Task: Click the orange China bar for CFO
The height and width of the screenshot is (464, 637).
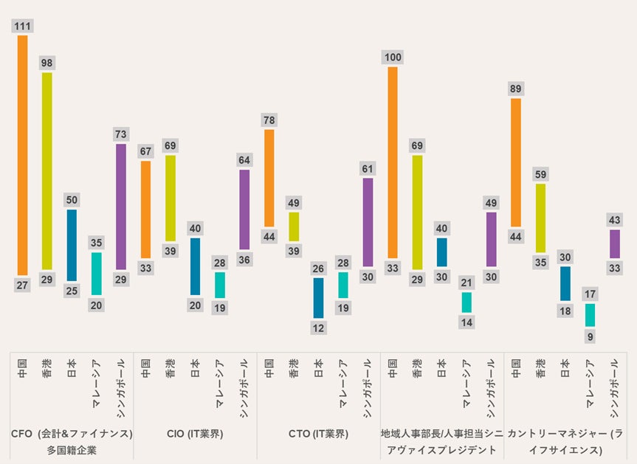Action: tap(22, 155)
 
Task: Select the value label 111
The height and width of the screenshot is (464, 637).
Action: tap(22, 27)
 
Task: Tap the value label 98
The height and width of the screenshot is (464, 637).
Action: tap(47, 63)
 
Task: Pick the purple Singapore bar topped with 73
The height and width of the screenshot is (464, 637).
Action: tap(121, 207)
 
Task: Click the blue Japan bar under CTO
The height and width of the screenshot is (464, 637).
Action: tap(318, 297)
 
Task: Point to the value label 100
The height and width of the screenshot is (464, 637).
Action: tap(393, 58)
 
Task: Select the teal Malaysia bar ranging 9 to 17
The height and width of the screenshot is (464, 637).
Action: tap(590, 315)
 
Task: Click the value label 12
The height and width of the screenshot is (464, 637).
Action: tap(318, 328)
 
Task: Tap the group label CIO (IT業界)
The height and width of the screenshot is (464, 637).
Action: tap(195, 434)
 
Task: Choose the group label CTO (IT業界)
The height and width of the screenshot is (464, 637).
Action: tap(318, 434)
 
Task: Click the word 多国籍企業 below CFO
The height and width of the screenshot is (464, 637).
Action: tap(72, 450)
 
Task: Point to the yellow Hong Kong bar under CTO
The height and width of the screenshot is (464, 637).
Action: tap(294, 226)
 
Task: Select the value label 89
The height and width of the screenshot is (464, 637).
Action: tap(516, 89)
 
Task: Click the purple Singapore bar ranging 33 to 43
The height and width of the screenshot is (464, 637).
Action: tap(614, 243)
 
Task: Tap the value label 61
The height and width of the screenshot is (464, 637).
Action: tap(368, 169)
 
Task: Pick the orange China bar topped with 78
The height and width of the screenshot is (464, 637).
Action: tap(269, 178)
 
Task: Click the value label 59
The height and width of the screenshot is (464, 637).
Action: tap(540, 175)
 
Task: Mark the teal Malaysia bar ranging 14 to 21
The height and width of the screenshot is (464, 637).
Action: tap(466, 302)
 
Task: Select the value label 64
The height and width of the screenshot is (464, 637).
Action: tap(244, 160)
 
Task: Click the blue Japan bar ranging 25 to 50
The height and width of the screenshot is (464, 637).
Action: tap(72, 246)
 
